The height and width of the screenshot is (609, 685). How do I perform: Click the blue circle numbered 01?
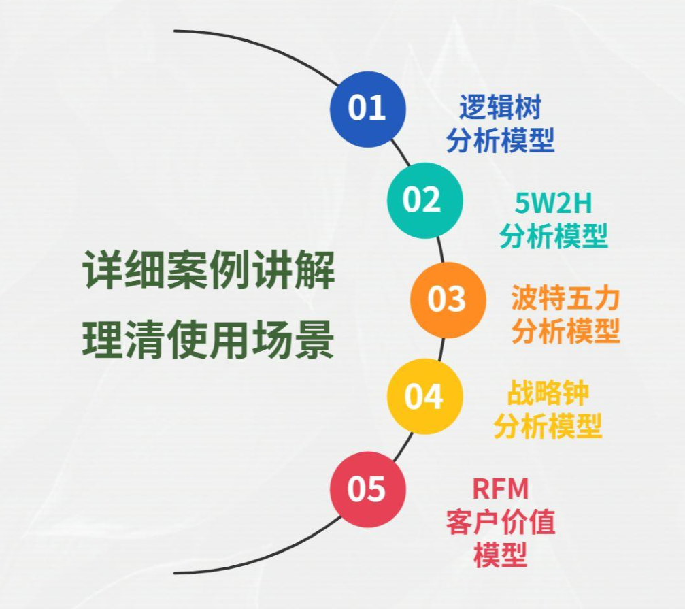click(x=367, y=109)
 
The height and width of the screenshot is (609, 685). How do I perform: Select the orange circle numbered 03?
click(x=448, y=299)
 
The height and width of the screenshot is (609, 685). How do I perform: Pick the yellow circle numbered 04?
click(x=424, y=397)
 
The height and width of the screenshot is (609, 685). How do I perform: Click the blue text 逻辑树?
click(x=500, y=109)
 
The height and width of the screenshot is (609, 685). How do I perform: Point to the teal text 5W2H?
click(x=553, y=203)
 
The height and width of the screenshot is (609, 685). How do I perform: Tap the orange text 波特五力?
click(x=565, y=299)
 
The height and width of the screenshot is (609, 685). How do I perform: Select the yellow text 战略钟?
click(x=548, y=394)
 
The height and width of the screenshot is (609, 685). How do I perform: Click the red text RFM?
click(x=500, y=489)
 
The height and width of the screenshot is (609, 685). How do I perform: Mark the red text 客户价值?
click(x=500, y=523)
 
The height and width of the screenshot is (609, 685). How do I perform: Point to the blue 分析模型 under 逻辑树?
click(x=500, y=140)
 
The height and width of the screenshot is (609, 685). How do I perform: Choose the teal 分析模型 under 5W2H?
click(x=553, y=235)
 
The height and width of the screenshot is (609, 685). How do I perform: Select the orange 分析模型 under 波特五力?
click(x=565, y=331)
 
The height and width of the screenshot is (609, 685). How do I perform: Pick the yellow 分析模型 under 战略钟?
click(x=548, y=427)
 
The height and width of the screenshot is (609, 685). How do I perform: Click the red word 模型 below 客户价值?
click(x=500, y=555)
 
